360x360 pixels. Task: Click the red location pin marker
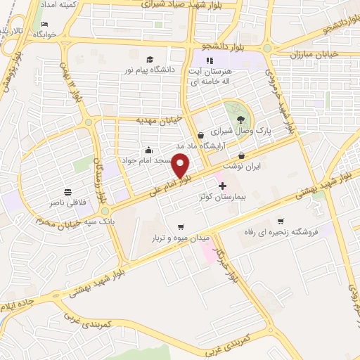tap(181, 166)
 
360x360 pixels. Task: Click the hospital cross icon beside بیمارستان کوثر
tap(223, 186)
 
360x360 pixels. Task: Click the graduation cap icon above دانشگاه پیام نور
tap(149, 59)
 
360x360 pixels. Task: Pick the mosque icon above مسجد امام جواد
tap(148, 150)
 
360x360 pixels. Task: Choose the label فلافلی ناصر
tap(68, 202)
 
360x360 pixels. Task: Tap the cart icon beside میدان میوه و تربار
tap(181, 226)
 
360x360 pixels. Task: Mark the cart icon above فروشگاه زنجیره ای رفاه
tap(281, 221)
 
